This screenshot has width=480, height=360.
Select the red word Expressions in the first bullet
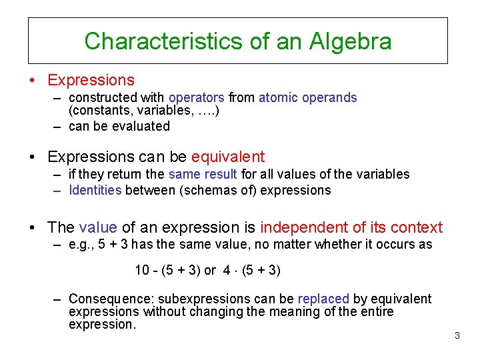[91, 80]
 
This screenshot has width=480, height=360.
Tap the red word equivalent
[228, 157]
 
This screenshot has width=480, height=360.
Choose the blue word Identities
[95, 190]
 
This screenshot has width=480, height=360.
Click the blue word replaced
[323, 299]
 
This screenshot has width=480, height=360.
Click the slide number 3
[457, 335]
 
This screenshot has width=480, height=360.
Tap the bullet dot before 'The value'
[32, 228]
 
